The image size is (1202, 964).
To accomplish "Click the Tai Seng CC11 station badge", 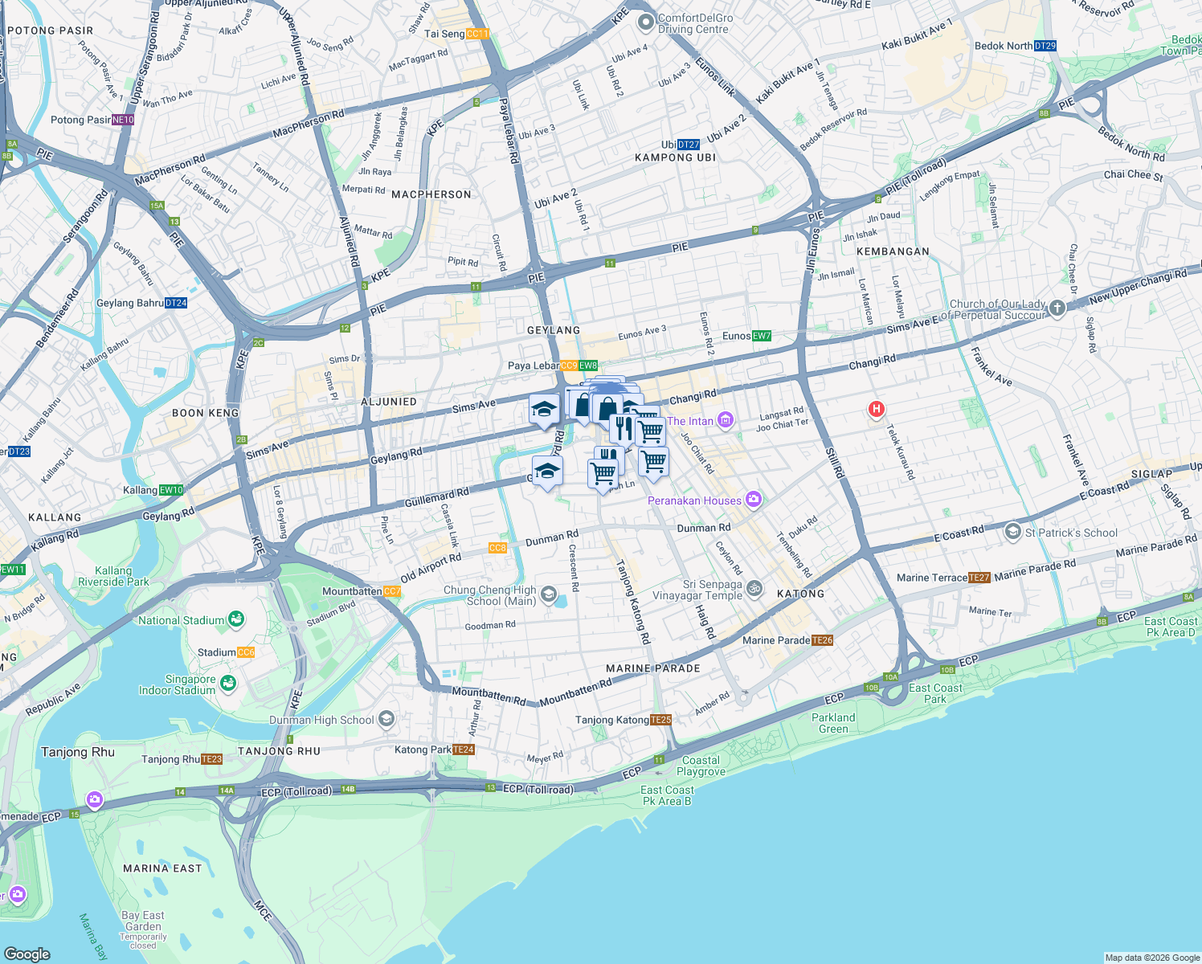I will pyautogui.click(x=477, y=34).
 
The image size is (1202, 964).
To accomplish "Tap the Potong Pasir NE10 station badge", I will pyautogui.click(x=123, y=120).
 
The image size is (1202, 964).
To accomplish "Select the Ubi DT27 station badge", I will pyautogui.click(x=689, y=145).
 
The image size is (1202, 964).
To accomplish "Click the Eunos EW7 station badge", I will pyautogui.click(x=762, y=336).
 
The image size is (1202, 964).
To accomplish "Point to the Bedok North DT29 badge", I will pyautogui.click(x=1045, y=46).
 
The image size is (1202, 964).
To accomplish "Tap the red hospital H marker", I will pyautogui.click(x=876, y=410).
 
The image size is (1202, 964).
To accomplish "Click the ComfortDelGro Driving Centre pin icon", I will pyautogui.click(x=645, y=23).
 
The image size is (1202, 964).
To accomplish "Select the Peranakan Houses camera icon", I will pyautogui.click(x=753, y=500).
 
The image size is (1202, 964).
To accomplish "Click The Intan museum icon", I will pyautogui.click(x=726, y=420).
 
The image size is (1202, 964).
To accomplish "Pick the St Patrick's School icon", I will pyautogui.click(x=1013, y=532).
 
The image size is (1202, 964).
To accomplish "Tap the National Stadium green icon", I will pyautogui.click(x=236, y=619).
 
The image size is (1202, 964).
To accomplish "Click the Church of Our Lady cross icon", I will pyautogui.click(x=1057, y=308).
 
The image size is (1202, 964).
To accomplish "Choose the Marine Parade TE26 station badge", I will pyautogui.click(x=822, y=640).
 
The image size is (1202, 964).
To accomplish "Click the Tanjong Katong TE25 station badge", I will pyautogui.click(x=660, y=720).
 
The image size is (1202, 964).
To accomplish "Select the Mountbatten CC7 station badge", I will pyautogui.click(x=392, y=591).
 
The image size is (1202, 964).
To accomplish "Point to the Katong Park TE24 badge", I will pyautogui.click(x=464, y=750).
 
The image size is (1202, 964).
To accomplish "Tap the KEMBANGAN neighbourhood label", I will pyautogui.click(x=893, y=251).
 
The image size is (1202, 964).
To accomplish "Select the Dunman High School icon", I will pyautogui.click(x=386, y=719).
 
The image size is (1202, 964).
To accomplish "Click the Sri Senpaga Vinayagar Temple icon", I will pyautogui.click(x=754, y=589).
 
